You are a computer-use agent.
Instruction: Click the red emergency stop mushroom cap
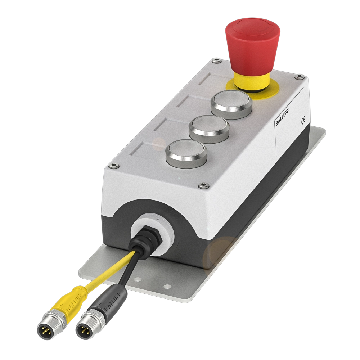pyautogui.click(x=253, y=44)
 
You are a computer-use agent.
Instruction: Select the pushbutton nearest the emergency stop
pyautogui.click(x=231, y=104)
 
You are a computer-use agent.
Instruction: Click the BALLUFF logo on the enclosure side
pyautogui.click(x=282, y=117)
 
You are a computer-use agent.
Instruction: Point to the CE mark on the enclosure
pyautogui.click(x=303, y=120)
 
